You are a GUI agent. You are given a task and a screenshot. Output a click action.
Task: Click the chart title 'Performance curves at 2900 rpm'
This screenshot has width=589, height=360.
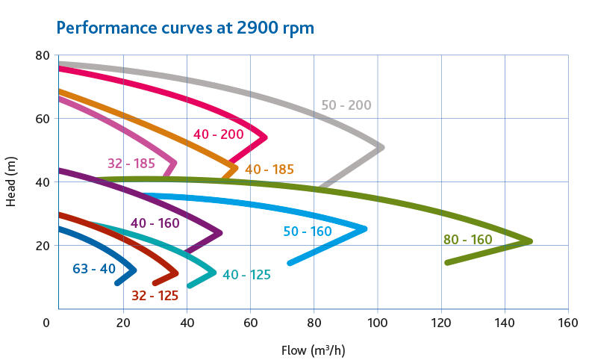click(185, 28)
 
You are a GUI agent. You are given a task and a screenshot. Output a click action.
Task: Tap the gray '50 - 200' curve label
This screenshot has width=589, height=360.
click(346, 105)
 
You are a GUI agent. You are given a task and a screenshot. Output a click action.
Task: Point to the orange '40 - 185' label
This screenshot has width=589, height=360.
click(269, 170)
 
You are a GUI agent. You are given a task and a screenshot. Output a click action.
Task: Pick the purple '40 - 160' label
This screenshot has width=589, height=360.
click(155, 223)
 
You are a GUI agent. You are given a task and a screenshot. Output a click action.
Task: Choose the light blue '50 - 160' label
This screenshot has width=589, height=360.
click(308, 232)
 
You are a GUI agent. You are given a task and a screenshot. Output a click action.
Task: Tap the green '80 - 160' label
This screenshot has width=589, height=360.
click(467, 240)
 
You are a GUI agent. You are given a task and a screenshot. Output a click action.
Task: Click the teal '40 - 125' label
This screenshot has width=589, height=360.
click(246, 275)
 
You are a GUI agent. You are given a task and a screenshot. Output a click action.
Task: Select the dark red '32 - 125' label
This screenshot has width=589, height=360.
click(155, 296)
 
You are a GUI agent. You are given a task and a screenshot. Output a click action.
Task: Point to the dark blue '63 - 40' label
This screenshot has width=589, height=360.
click(93, 268)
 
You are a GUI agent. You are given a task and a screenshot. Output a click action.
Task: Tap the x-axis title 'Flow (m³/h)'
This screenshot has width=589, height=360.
click(313, 350)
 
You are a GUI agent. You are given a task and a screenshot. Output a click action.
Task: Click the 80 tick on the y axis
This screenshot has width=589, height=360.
click(42, 55)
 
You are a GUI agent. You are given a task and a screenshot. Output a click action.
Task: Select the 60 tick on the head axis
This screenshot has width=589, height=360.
click(42, 119)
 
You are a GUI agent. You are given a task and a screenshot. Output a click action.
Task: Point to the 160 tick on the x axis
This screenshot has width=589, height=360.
click(568, 324)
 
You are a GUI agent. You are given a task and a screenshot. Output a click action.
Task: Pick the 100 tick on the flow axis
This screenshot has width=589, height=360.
click(377, 324)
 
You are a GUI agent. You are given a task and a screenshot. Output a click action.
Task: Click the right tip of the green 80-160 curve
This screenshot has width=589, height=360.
click(531, 241)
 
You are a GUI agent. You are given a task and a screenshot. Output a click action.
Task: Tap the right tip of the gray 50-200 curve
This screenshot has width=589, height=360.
click(382, 147)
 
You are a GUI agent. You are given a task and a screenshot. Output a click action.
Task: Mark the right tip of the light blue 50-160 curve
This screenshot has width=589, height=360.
click(366, 229)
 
